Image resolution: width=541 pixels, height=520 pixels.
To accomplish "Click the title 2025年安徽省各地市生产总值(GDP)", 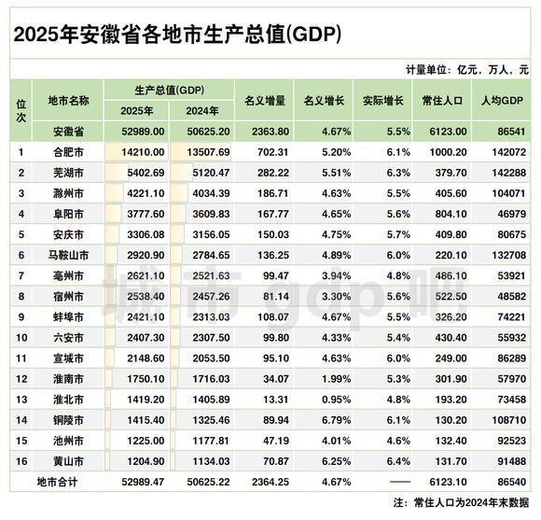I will pos(177,35).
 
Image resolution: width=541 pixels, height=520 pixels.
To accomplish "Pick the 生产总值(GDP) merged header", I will pos(169,90).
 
